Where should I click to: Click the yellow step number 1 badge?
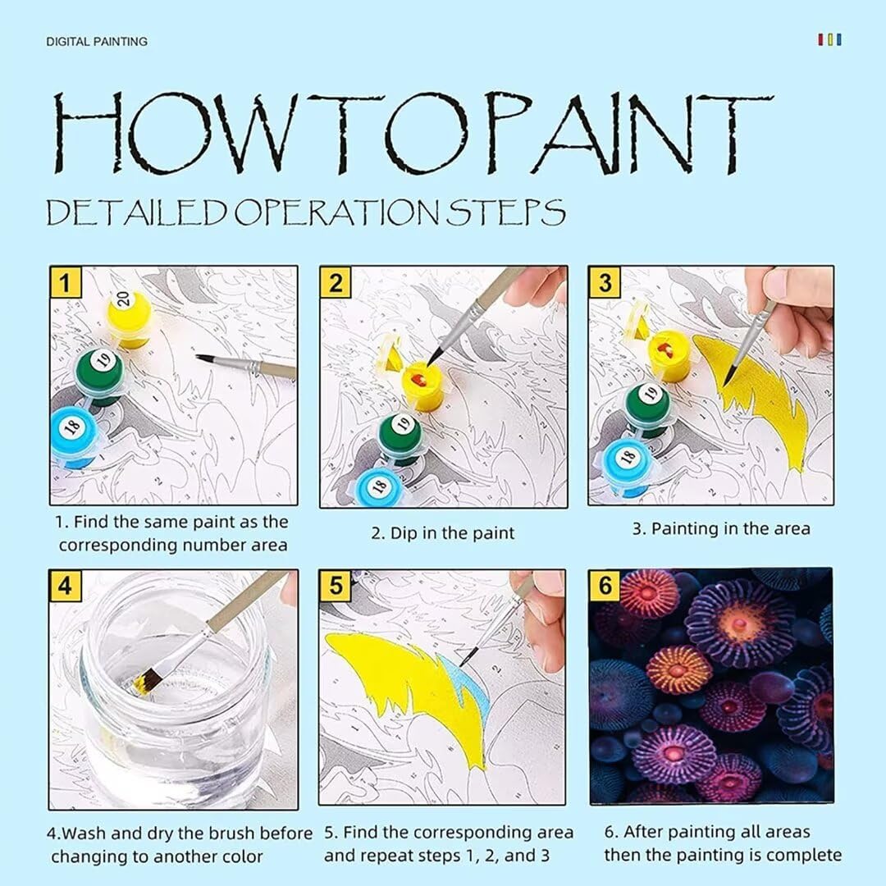coord(66,282)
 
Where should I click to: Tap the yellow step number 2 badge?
coord(336,282)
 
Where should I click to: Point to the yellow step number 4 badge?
coord(65,586)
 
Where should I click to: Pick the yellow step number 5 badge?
coord(336,586)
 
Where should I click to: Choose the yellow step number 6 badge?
coord(605,585)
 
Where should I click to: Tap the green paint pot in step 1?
coord(101,375)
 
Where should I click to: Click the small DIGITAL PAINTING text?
coord(97,42)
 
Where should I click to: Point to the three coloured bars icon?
coord(829,39)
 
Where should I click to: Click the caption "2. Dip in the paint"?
coord(443,533)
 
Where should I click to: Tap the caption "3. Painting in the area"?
coord(721,529)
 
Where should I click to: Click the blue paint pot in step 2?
coord(383,483)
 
